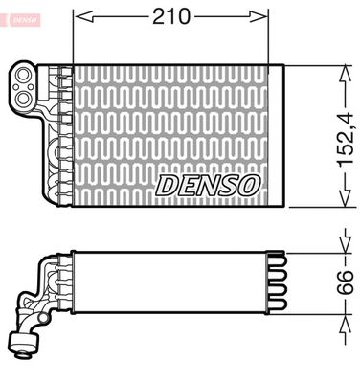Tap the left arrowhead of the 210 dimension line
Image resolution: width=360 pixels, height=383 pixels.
tap(79, 16)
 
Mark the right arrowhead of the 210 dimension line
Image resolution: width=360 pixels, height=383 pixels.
tap(260, 16)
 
